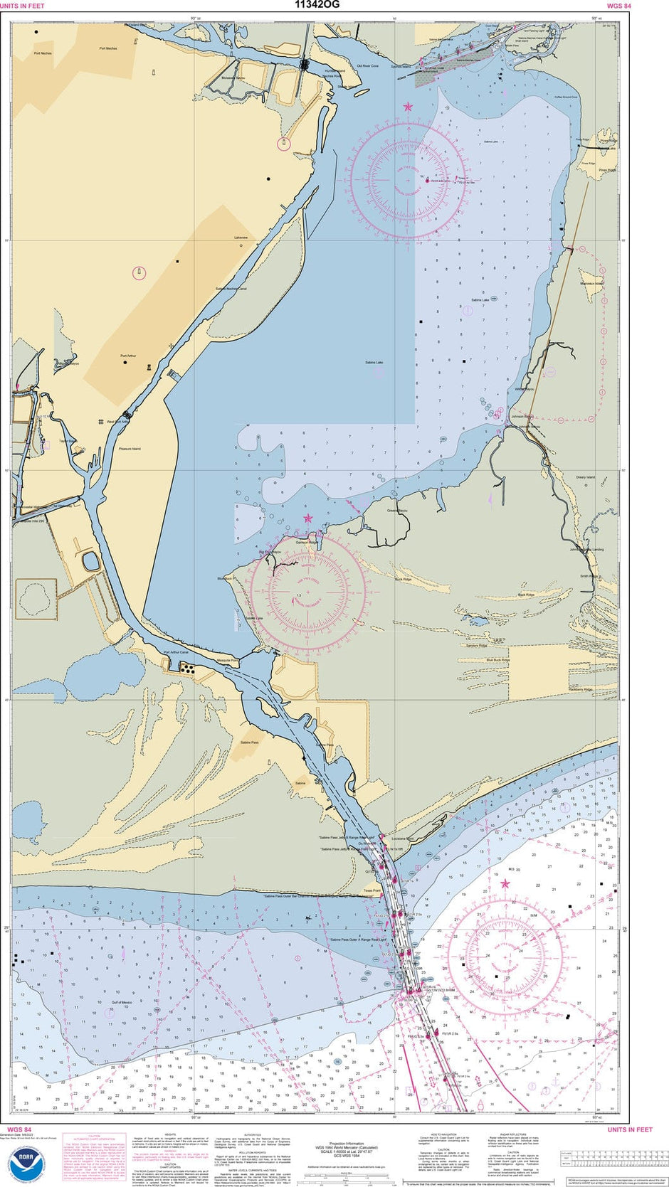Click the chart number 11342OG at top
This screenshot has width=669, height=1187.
[x=317, y=5]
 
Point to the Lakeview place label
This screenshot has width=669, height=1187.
[x=241, y=238]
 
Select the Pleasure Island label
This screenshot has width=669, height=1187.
[x=130, y=449]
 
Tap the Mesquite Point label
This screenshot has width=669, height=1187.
[x=228, y=661]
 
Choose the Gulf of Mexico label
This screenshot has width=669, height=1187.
[x=122, y=1002]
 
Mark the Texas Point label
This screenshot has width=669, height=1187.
[x=372, y=890]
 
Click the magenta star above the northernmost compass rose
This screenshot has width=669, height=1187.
[x=408, y=107]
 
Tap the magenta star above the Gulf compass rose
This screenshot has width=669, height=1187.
[x=505, y=884]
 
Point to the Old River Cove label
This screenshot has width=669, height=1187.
[x=367, y=66]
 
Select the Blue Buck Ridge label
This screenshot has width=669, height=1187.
[x=498, y=660]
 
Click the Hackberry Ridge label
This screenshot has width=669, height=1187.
[x=581, y=689]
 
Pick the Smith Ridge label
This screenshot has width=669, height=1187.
[x=589, y=576]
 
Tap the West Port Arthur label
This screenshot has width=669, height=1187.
[x=116, y=422]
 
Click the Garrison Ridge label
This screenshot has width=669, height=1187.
[x=307, y=542]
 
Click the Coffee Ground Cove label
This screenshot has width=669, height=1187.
[x=567, y=97]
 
